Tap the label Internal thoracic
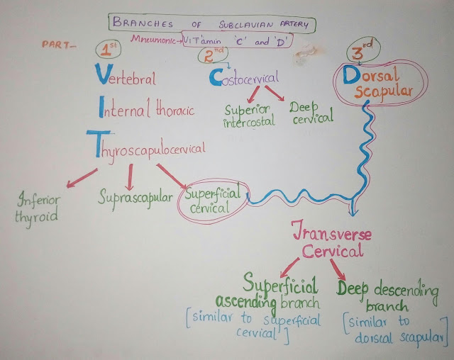coord(142,111)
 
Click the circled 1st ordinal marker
coord(111,51)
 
